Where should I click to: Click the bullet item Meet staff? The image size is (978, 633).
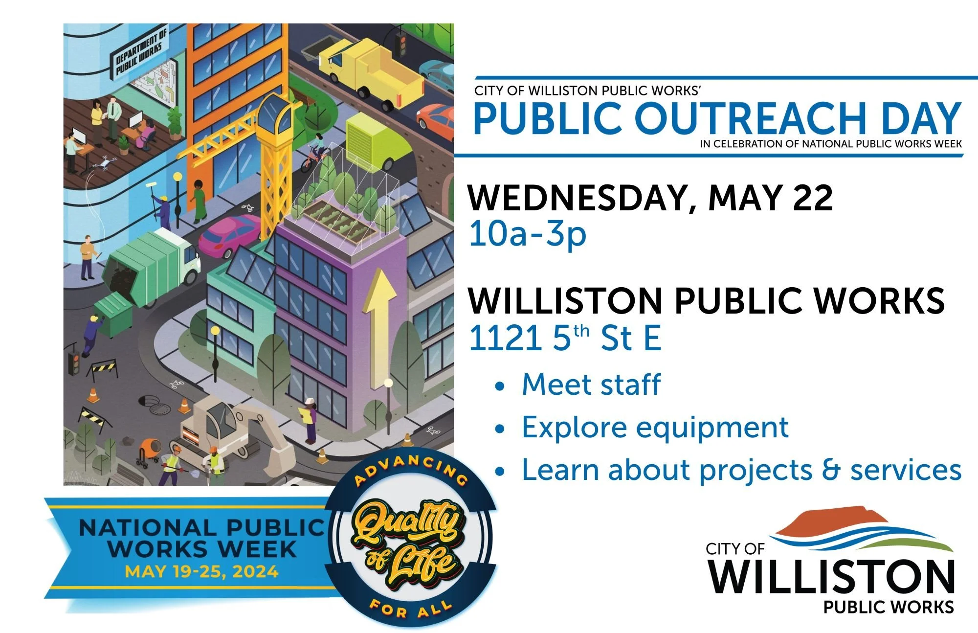click(591, 384)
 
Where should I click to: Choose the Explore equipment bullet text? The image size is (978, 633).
click(654, 428)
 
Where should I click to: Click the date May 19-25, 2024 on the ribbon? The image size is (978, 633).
click(201, 572)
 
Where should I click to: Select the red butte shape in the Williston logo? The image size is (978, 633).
click(831, 520)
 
